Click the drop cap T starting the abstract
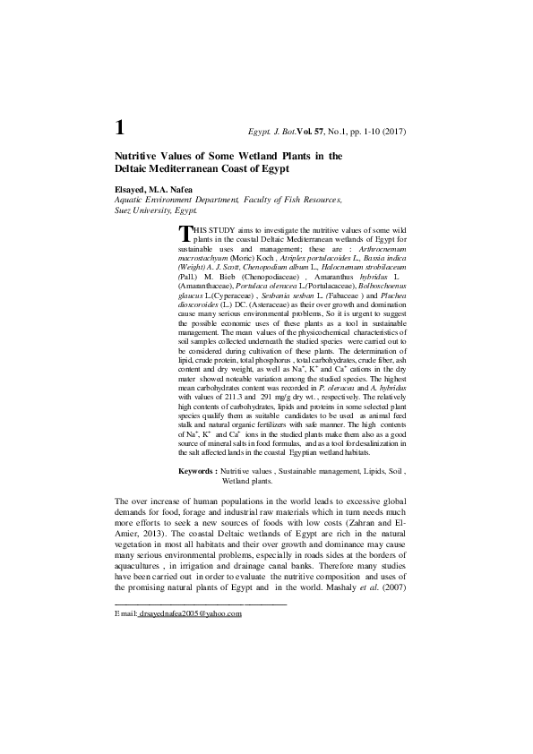(x=185, y=233)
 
